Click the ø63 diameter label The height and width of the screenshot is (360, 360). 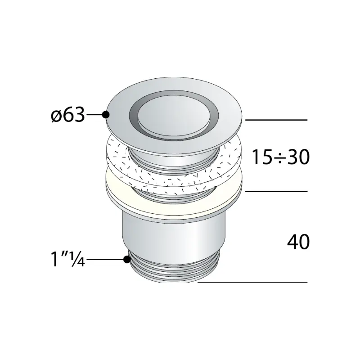(x=68, y=115)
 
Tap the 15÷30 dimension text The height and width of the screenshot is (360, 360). (x=281, y=157)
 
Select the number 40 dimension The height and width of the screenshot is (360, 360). (x=298, y=242)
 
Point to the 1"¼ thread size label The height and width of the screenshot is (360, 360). (x=68, y=259)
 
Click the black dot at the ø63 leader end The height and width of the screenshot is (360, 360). (x=106, y=115)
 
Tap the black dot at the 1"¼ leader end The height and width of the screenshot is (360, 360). (x=127, y=260)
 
